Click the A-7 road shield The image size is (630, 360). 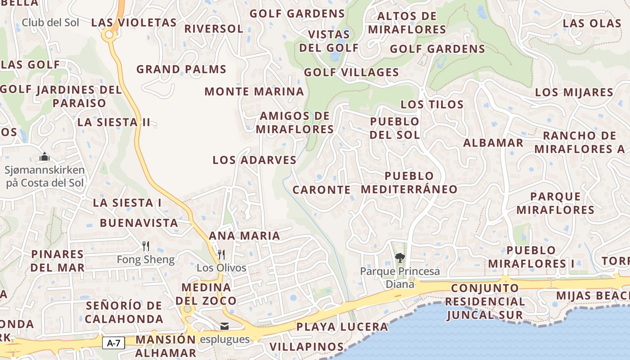click(x=113, y=343)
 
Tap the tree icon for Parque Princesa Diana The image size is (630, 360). click(x=399, y=258)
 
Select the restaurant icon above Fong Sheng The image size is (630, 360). click(x=145, y=246)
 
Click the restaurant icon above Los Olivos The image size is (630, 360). click(x=221, y=255)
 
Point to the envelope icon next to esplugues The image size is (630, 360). click(x=224, y=326)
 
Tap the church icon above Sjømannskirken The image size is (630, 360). click(x=45, y=157)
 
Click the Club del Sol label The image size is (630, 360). click(x=50, y=22)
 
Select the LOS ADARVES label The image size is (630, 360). click(x=254, y=160)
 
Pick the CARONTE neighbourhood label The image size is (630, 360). click(x=321, y=190)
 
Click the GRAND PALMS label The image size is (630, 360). click(x=181, y=69)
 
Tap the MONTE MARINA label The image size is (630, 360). click(x=254, y=92)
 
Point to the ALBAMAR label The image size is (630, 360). click(x=493, y=143)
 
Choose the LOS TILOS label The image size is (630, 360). click(x=432, y=104)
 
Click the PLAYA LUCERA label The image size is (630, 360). click(x=342, y=327)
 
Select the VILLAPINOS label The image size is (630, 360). click(x=306, y=347)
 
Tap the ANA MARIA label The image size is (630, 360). click(x=244, y=235)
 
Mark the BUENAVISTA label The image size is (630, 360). click(x=139, y=223)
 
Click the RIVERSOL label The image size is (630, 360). click(x=214, y=29)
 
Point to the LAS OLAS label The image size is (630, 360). click(x=592, y=23)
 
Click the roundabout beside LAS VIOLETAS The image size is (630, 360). click(x=108, y=34)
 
